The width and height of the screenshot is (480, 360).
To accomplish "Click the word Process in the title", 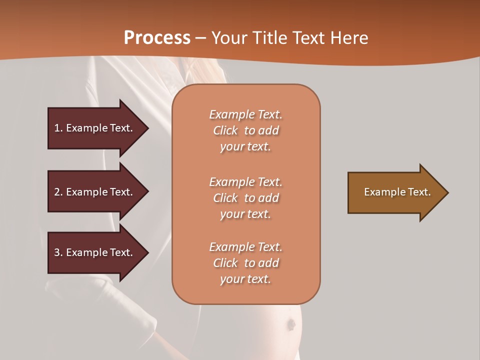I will coord(157,38).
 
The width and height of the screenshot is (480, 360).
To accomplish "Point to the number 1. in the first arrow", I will coord(58,128).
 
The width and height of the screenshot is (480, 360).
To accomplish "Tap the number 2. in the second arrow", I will coord(58,192).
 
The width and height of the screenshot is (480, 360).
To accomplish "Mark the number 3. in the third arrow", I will coord(58,252).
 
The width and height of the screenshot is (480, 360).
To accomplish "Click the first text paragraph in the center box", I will coord(245,130).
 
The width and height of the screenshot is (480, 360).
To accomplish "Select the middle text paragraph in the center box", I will coord(245,198).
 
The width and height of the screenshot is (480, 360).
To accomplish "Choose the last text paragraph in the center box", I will coord(245,263).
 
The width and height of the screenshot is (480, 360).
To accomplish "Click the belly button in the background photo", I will coord(290,324).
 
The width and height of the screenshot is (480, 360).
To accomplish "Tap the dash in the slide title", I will coord(200,38).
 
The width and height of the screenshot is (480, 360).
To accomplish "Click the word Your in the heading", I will coord(228,38).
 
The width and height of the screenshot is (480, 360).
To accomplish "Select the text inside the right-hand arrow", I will coord(397,192).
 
